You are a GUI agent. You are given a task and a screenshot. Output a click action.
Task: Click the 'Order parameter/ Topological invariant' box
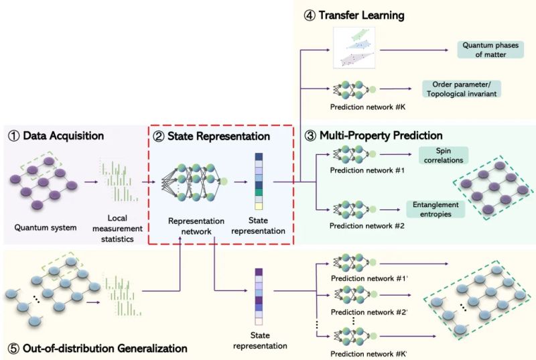462,88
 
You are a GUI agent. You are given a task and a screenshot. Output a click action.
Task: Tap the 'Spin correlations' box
444,156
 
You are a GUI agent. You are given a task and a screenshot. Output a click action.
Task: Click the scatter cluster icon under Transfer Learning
354,48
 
